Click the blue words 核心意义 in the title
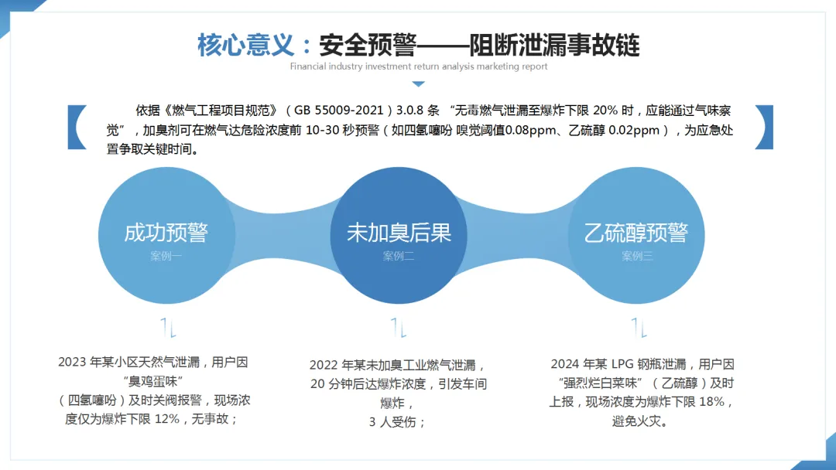(x=246, y=45)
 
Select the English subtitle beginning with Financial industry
(x=419, y=66)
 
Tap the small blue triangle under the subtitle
(x=419, y=83)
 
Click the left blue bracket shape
(x=77, y=127)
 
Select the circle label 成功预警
(x=166, y=233)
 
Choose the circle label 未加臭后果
(x=399, y=233)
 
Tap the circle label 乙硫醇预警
(x=636, y=233)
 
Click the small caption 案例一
(x=166, y=256)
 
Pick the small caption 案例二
(x=399, y=256)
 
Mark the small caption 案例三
(x=637, y=256)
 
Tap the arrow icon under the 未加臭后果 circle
(x=399, y=328)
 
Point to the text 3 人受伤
(x=398, y=422)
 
